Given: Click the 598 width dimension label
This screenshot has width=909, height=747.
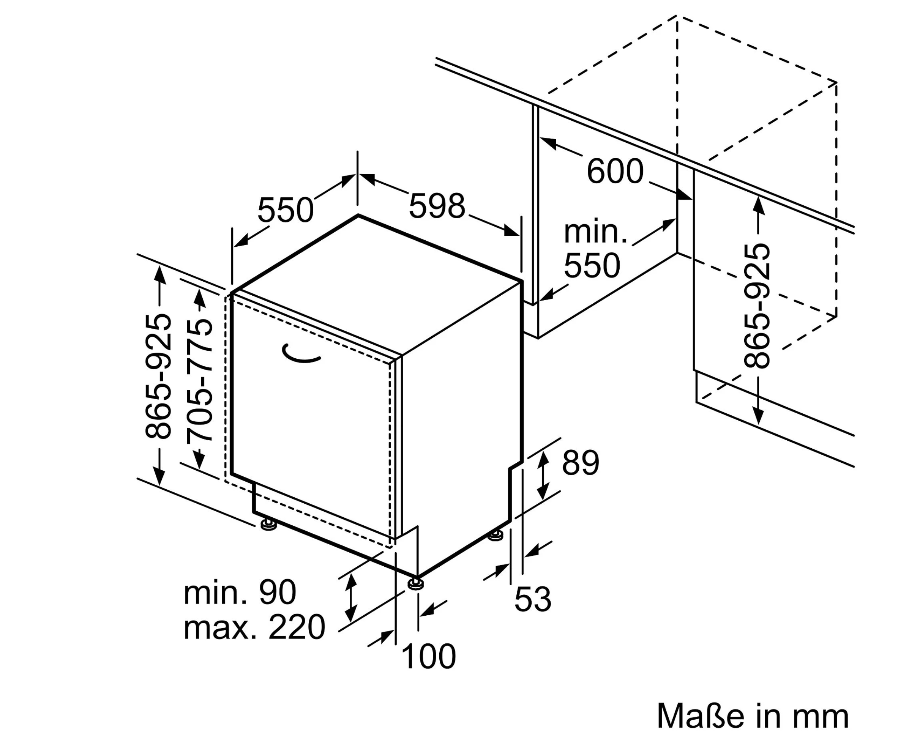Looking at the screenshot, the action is coord(437,206).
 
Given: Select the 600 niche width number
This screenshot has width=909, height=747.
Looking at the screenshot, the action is coord(615,171).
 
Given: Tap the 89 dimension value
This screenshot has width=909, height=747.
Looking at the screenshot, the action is coord(581,463).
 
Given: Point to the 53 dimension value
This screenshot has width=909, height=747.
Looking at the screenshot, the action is coord(533,599).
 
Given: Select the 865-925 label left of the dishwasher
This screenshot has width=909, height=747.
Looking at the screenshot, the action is coord(158,377).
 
